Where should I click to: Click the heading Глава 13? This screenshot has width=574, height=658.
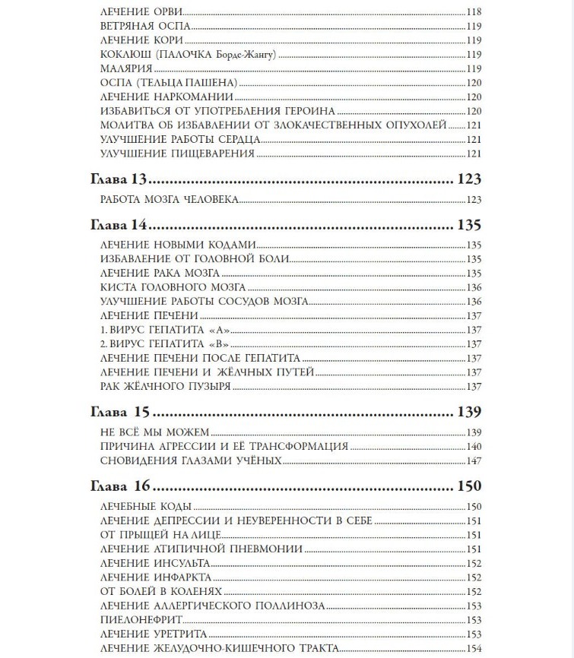click(118, 180)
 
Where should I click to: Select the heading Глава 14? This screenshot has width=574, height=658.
click(118, 226)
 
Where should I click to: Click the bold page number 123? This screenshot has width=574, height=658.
click(470, 180)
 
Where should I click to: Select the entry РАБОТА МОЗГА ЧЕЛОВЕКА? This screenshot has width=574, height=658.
click(170, 200)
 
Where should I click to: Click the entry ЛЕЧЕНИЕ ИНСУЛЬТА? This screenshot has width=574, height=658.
click(154, 563)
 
